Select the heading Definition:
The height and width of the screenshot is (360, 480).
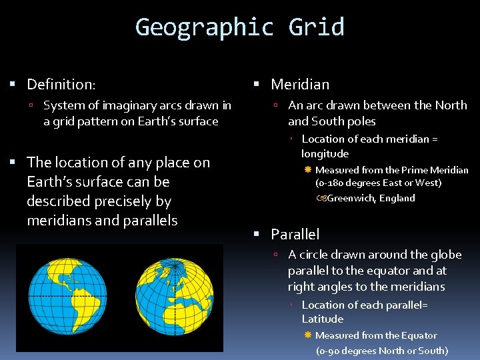point(61,85)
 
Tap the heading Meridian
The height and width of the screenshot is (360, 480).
point(300,85)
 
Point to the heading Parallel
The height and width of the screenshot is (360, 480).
point(295,234)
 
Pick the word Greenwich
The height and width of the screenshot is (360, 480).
point(352,198)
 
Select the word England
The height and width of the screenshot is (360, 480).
point(397,198)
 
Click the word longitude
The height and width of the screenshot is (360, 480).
point(325,153)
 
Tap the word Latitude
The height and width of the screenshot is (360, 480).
point(323,319)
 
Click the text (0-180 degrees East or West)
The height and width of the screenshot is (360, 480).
point(378,183)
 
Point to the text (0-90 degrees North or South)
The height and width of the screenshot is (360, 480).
point(381,351)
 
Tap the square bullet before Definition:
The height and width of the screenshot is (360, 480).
point(13,85)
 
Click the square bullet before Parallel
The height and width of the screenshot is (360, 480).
point(257,234)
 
